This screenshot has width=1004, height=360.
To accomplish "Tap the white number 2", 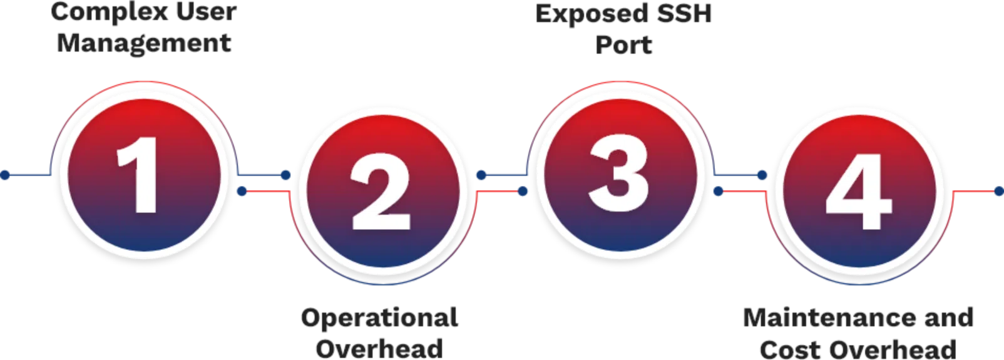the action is (x=381, y=192).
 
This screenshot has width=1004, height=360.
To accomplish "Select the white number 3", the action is (x=618, y=173).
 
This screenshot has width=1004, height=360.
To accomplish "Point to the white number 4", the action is (x=858, y=192).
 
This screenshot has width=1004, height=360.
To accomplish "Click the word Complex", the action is (x=110, y=13).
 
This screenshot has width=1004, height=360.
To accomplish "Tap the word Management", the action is (x=144, y=44).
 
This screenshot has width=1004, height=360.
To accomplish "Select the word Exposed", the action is (x=592, y=14).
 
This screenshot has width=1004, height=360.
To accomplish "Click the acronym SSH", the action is (x=684, y=13).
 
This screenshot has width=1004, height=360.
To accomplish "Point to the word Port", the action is (x=623, y=45).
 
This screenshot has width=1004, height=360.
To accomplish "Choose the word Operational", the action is (x=380, y=319).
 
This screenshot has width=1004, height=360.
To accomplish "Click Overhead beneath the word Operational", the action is (x=379, y=349).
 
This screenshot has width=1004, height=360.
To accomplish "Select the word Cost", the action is (x=791, y=349).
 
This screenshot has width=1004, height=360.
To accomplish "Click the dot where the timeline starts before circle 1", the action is (x=5, y=175).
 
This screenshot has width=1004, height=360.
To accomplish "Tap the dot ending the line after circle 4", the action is (x=999, y=192).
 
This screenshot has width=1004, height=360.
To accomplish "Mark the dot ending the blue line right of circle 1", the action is (x=285, y=175).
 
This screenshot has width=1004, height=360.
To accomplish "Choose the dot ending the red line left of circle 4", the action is (x=718, y=192).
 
